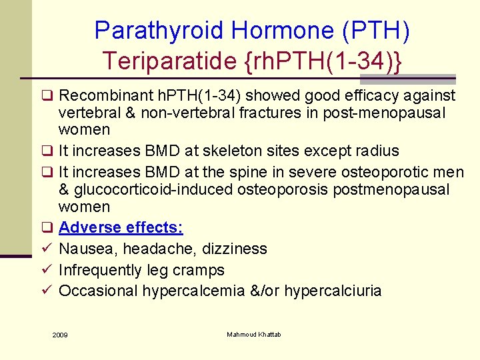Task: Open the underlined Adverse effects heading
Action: tap(121, 227)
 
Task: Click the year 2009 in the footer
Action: tap(59, 334)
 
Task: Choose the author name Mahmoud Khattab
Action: tap(253, 334)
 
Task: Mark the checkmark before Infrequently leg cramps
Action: tap(46, 270)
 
